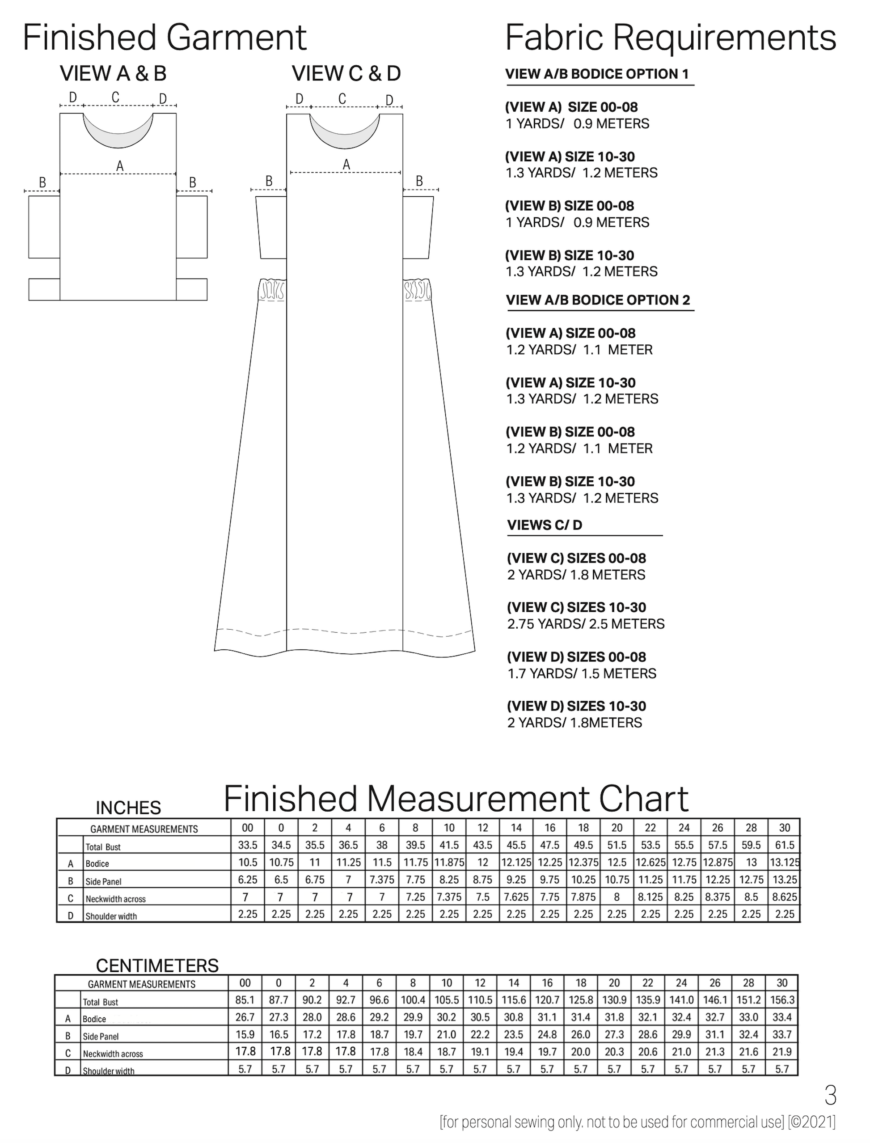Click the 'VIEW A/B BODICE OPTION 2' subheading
pyautogui.click(x=598, y=301)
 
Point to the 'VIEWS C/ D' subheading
pyautogui.click(x=545, y=525)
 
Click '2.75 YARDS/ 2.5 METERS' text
pyautogui.click(x=586, y=623)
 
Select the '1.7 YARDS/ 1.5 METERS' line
pyautogui.click(x=582, y=673)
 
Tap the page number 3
pyautogui.click(x=830, y=1096)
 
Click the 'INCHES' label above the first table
pyautogui.click(x=128, y=808)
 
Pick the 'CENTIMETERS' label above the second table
pyautogui.click(x=157, y=966)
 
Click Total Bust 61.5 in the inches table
pyautogui.click(x=784, y=845)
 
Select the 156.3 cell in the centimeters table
pyautogui.click(x=782, y=1000)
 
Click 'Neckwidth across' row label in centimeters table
pyautogui.click(x=113, y=1054)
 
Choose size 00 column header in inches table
pyautogui.click(x=248, y=828)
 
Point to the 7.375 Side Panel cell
pyautogui.click(x=382, y=880)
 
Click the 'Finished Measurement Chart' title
pyautogui.click(x=456, y=799)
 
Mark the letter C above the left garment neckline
pyautogui.click(x=115, y=97)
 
